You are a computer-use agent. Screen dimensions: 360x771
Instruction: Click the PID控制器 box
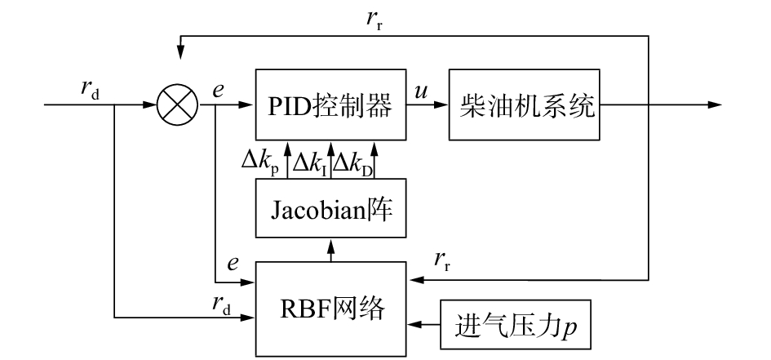coord(330,105)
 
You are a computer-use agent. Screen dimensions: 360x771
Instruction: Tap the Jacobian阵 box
coord(330,209)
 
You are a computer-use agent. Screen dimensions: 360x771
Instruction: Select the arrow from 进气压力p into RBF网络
coord(424,324)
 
